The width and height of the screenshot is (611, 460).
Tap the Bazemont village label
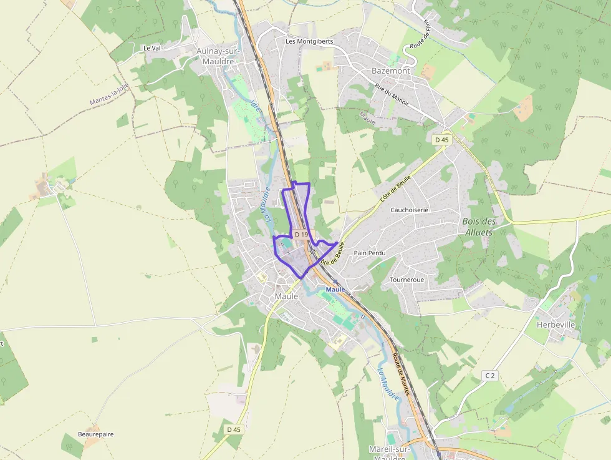pyautogui.click(x=391, y=71)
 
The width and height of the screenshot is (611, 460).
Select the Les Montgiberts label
pyautogui.click(x=309, y=41)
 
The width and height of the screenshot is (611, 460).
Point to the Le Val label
pyautogui.click(x=152, y=47)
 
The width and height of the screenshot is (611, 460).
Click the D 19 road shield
pyautogui.click(x=302, y=235)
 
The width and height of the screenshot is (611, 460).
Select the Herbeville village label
pyautogui.click(x=555, y=325)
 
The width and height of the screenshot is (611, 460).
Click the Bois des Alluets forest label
pyautogui.click(x=479, y=227)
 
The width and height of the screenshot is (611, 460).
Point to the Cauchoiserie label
pyautogui.click(x=409, y=210)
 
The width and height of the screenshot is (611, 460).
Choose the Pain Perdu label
pyautogui.click(x=370, y=253)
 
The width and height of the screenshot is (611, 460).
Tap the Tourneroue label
pyautogui.click(x=407, y=280)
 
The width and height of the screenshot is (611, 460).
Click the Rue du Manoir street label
pyautogui.click(x=392, y=97)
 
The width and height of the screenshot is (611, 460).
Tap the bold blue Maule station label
pyautogui.click(x=335, y=290)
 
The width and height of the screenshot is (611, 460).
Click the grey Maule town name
pyautogui.click(x=286, y=296)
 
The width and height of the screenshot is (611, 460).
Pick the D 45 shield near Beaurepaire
pyautogui.click(x=234, y=429)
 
